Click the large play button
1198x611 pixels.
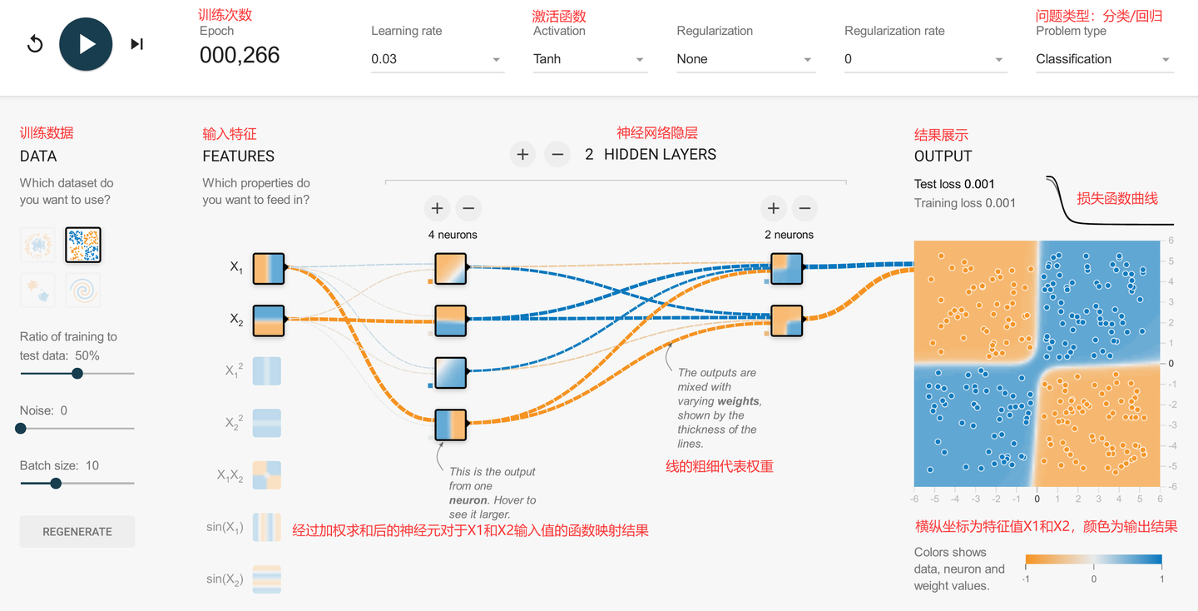(x=86, y=44)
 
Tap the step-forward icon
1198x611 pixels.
(x=137, y=44)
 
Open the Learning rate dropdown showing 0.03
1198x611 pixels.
(x=437, y=59)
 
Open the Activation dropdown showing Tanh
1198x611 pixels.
(x=590, y=59)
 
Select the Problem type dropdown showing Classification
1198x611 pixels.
(x=1105, y=59)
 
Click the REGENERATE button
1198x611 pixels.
(x=77, y=531)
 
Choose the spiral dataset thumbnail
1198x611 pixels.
(x=83, y=291)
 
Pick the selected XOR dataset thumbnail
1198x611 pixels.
(x=83, y=245)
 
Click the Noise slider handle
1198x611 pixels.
(x=21, y=428)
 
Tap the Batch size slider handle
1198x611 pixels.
(x=56, y=483)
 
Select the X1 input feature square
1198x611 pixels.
(x=269, y=268)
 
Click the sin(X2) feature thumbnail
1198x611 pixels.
(x=267, y=579)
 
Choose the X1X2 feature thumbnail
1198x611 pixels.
(x=267, y=475)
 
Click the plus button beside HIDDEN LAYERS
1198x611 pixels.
(x=522, y=155)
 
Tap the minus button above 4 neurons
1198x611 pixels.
(x=468, y=208)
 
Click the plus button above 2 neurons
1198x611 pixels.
(x=774, y=208)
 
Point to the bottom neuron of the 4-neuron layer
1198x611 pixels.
(x=450, y=425)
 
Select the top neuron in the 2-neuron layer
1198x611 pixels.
(x=787, y=269)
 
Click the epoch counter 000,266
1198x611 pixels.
(x=240, y=55)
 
